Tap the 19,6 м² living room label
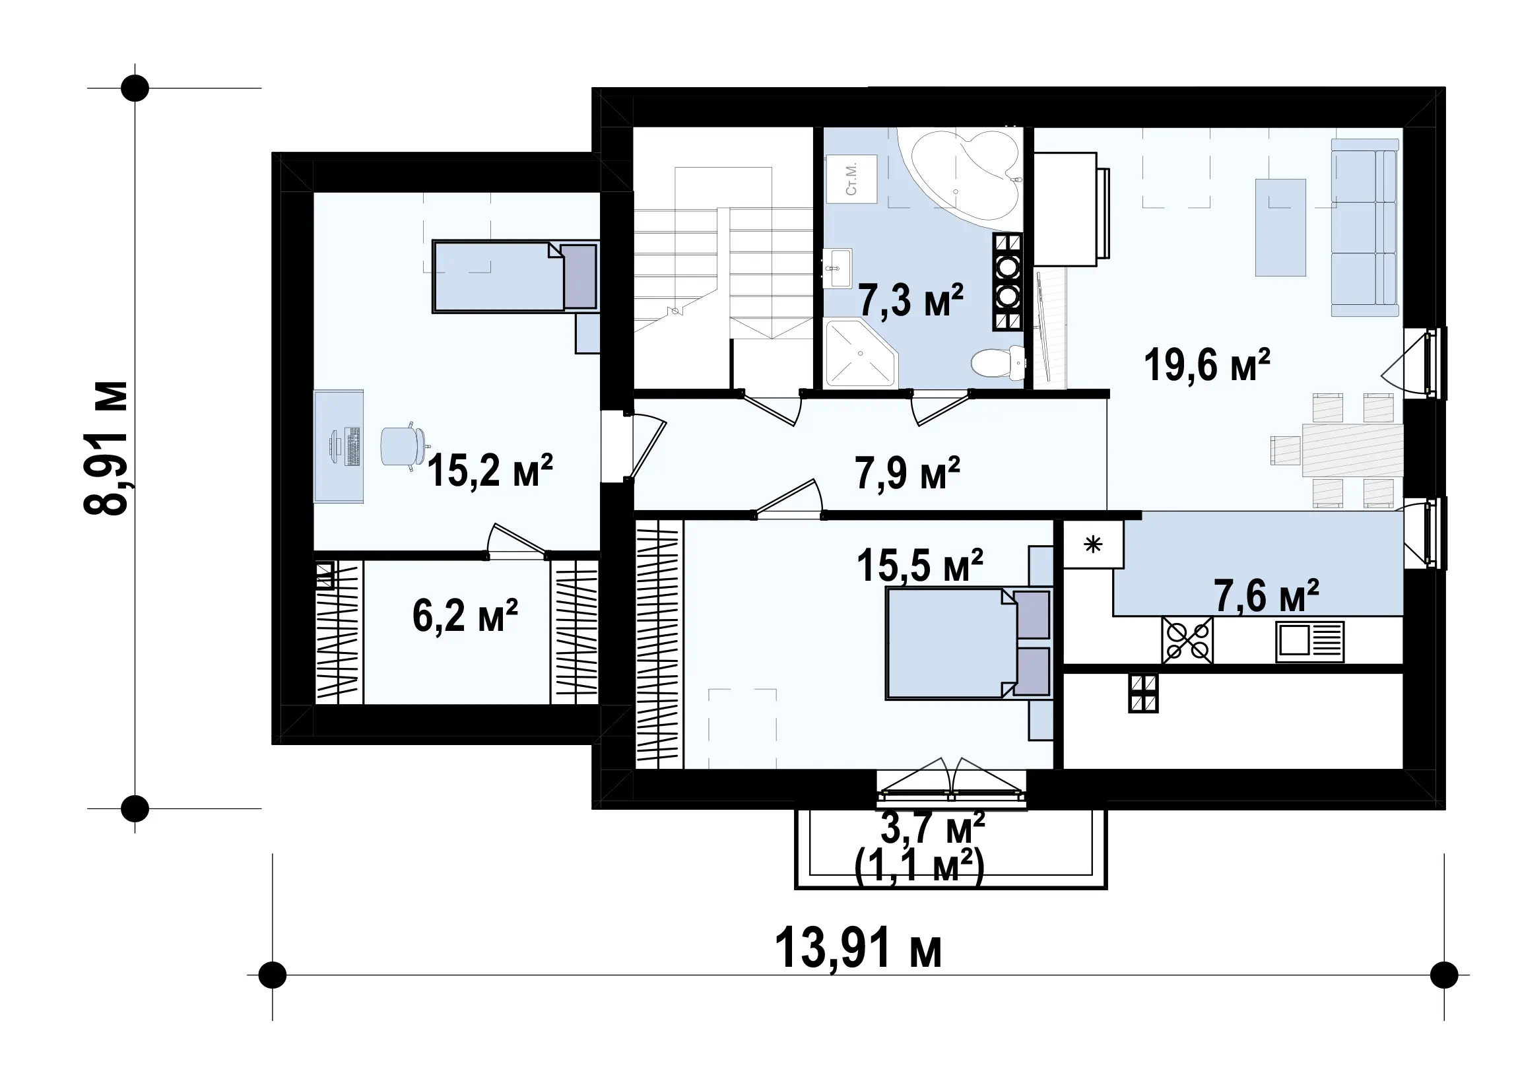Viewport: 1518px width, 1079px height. pyautogui.click(x=1207, y=366)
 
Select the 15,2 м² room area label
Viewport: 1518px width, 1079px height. pyautogui.click(x=490, y=471)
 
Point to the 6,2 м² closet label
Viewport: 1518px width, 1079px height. pyautogui.click(x=465, y=616)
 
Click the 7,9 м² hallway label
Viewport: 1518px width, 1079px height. pyautogui.click(x=907, y=474)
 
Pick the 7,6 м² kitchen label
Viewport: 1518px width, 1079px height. pyautogui.click(x=1267, y=596)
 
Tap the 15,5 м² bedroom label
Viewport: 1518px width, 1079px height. pyautogui.click(x=920, y=566)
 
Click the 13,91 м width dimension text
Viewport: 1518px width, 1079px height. pyautogui.click(x=858, y=950)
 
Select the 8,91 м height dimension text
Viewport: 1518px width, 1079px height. pyautogui.click(x=106, y=449)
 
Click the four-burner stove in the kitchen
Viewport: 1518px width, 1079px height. pyautogui.click(x=1187, y=641)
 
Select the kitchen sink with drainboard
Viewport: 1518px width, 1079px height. pyautogui.click(x=1309, y=642)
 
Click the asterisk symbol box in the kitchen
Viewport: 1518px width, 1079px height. pyautogui.click(x=1094, y=544)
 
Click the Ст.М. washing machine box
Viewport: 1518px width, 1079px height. pyautogui.click(x=851, y=179)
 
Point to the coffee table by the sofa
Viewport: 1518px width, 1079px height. pyautogui.click(x=1280, y=226)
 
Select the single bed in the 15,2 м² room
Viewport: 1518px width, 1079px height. pyautogui.click(x=515, y=276)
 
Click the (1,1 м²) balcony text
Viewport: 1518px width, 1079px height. pyautogui.click(x=919, y=867)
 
